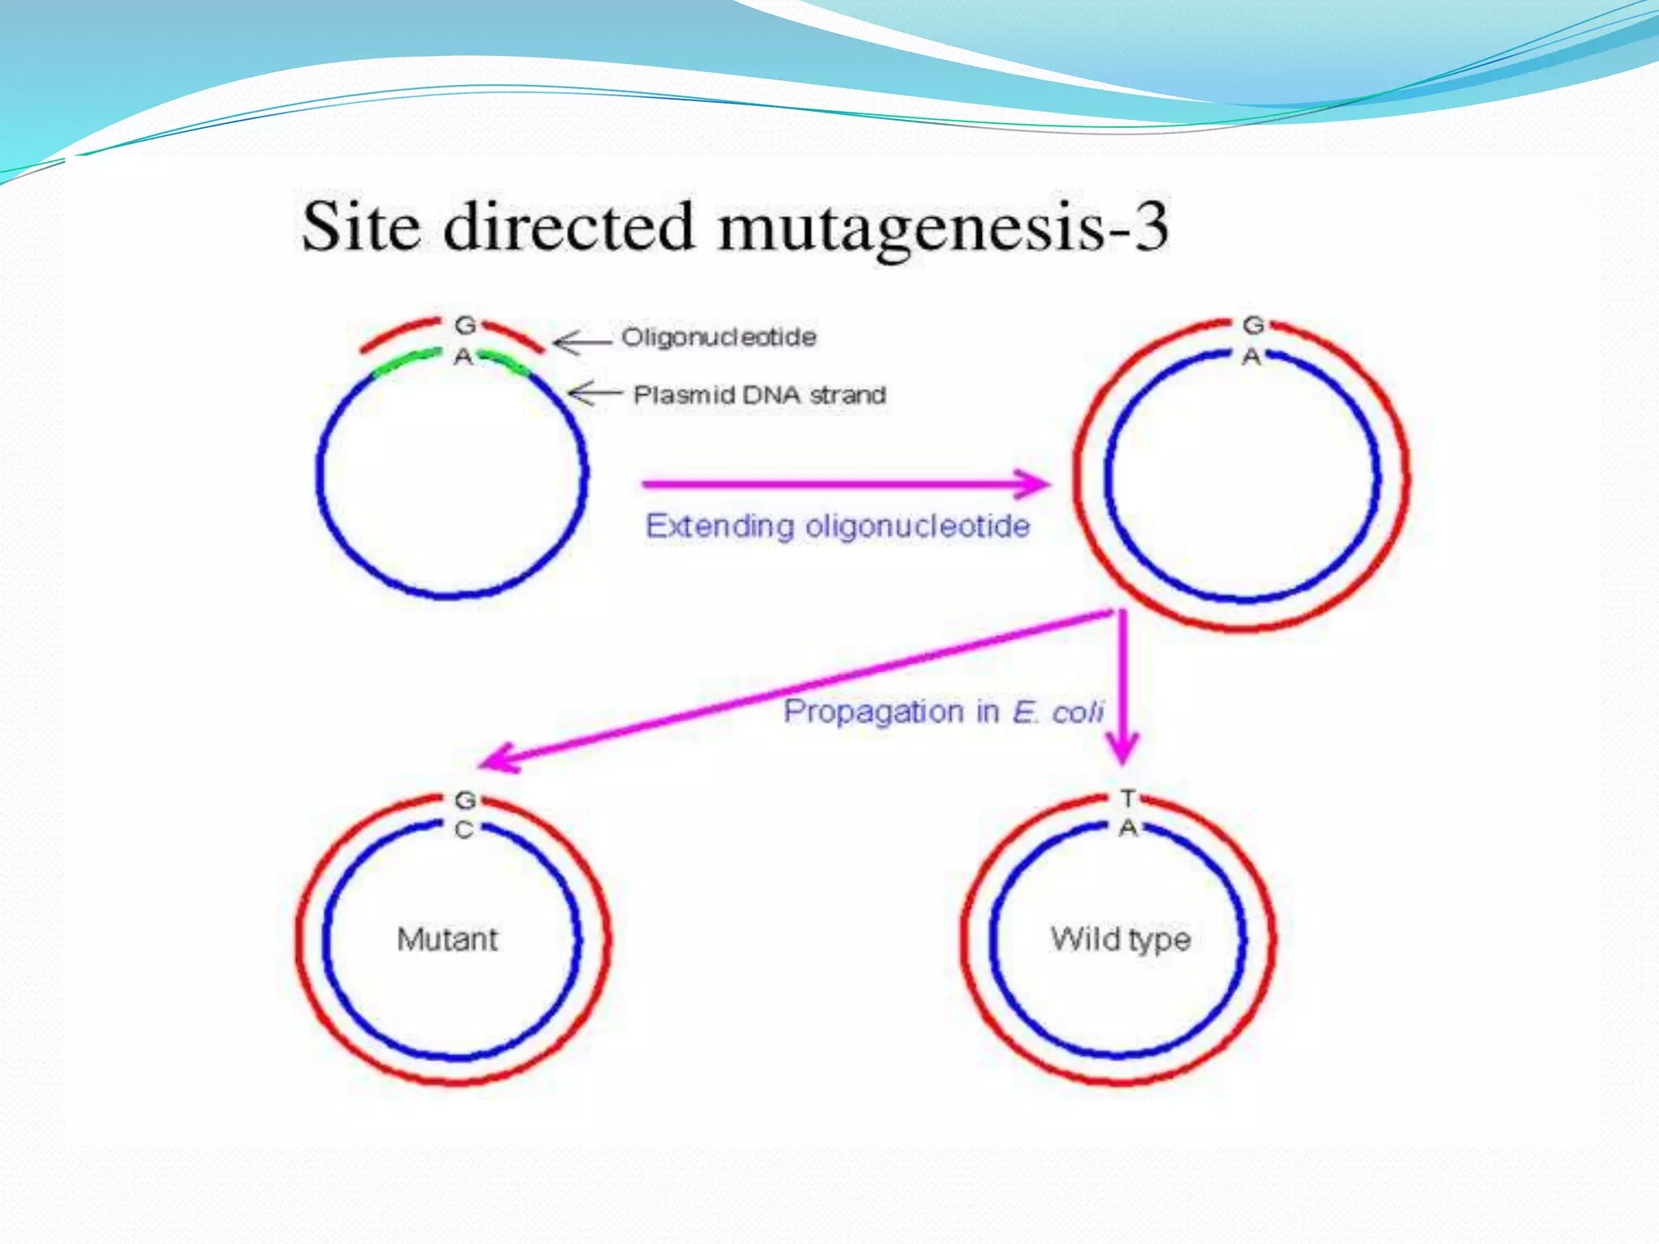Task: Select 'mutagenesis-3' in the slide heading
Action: (943, 228)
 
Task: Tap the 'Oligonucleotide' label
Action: (719, 337)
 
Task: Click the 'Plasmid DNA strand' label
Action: (759, 395)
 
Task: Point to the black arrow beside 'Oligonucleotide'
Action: (581, 343)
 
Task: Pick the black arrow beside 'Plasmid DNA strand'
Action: (595, 394)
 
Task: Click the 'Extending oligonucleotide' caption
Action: (838, 526)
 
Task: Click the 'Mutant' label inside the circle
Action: (448, 939)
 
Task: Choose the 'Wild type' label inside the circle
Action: (1121, 939)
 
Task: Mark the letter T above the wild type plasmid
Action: (1128, 799)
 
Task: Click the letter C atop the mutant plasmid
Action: (463, 830)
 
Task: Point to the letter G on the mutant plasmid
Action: (465, 800)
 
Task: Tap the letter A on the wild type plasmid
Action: (1128, 829)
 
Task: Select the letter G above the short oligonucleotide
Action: (465, 326)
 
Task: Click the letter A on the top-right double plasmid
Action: (1252, 356)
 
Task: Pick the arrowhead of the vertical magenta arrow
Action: (1123, 748)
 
